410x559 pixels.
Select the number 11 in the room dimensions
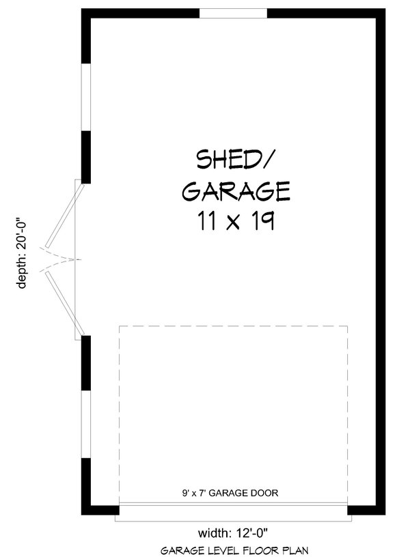(x=204, y=222)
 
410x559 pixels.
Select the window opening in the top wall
(x=233, y=13)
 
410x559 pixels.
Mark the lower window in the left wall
(x=86, y=424)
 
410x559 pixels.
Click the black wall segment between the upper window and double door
(x=86, y=157)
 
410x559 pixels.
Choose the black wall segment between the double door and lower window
(x=86, y=362)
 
